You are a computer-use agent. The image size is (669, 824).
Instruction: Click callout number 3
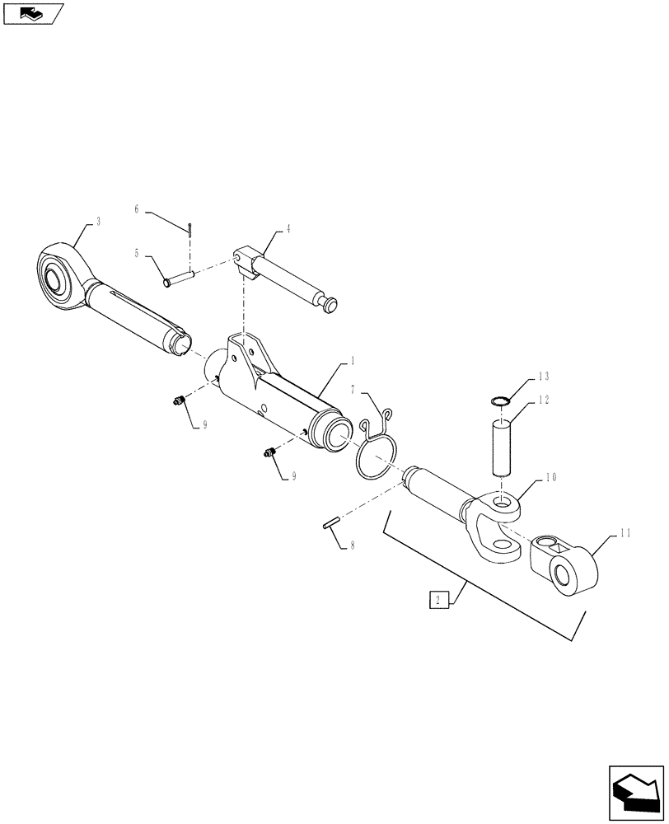99,222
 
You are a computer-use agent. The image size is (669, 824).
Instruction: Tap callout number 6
138,209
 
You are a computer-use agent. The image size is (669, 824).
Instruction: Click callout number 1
352,362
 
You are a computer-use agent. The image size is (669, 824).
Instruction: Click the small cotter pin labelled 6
189,230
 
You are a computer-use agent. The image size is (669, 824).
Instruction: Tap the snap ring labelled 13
498,400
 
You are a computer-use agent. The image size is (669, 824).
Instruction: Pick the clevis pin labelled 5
179,278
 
